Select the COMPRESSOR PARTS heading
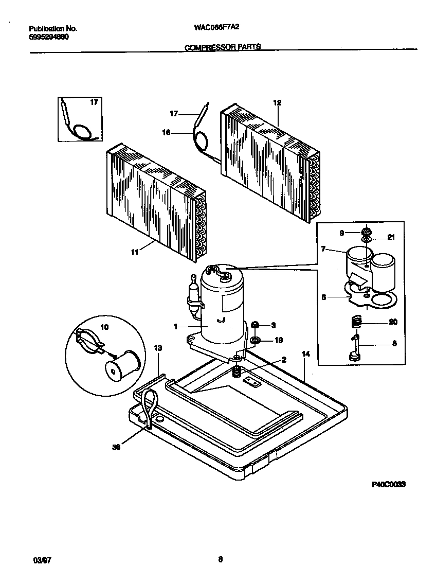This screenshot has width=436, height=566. point(222,47)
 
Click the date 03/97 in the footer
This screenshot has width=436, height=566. point(34,544)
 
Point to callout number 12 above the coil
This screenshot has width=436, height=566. point(277,103)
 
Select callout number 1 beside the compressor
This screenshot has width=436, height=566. point(176,327)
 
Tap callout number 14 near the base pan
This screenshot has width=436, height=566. point(306,355)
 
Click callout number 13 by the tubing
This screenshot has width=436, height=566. point(158,348)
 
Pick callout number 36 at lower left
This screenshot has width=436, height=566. point(116,448)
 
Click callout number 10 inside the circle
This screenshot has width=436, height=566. point(104,327)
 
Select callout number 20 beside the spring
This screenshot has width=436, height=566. point(393,323)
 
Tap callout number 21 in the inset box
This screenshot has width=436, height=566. point(391,238)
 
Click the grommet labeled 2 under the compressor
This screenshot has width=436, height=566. point(237,372)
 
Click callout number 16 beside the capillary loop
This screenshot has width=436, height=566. point(166,132)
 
